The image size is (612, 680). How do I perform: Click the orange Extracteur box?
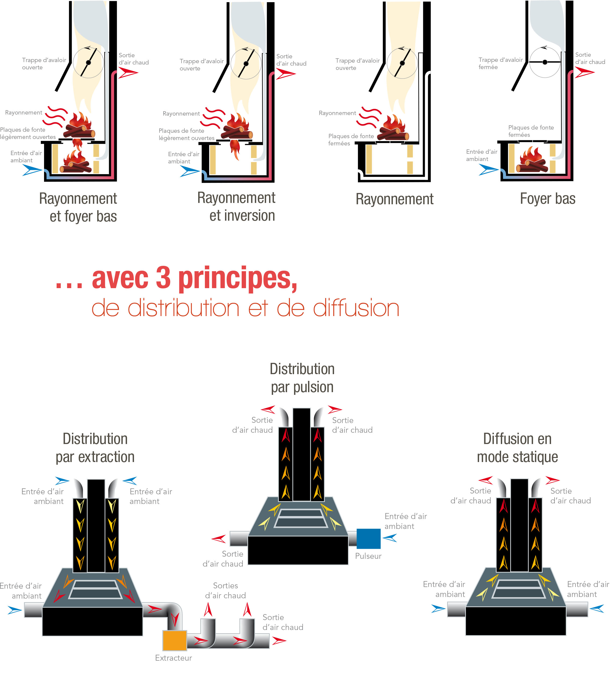pos(175,640)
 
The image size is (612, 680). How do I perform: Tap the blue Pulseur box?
pos(368,539)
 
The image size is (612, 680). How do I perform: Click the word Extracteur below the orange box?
pos(173,658)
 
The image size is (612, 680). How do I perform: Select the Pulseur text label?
pos(368,556)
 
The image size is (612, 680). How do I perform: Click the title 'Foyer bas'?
pos(548,199)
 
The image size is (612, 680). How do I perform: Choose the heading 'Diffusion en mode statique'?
pos(517,448)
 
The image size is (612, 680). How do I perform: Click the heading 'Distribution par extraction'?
pos(95,448)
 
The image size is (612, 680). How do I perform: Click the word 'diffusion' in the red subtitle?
pos(356,308)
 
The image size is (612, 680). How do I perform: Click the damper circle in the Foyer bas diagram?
pos(545,62)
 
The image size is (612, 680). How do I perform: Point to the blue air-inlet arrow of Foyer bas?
pos(488,170)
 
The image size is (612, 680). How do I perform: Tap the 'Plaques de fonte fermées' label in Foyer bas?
pos(531,131)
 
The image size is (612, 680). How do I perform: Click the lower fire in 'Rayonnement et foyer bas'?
pos(76,162)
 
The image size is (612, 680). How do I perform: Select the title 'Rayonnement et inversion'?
pos(236,207)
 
